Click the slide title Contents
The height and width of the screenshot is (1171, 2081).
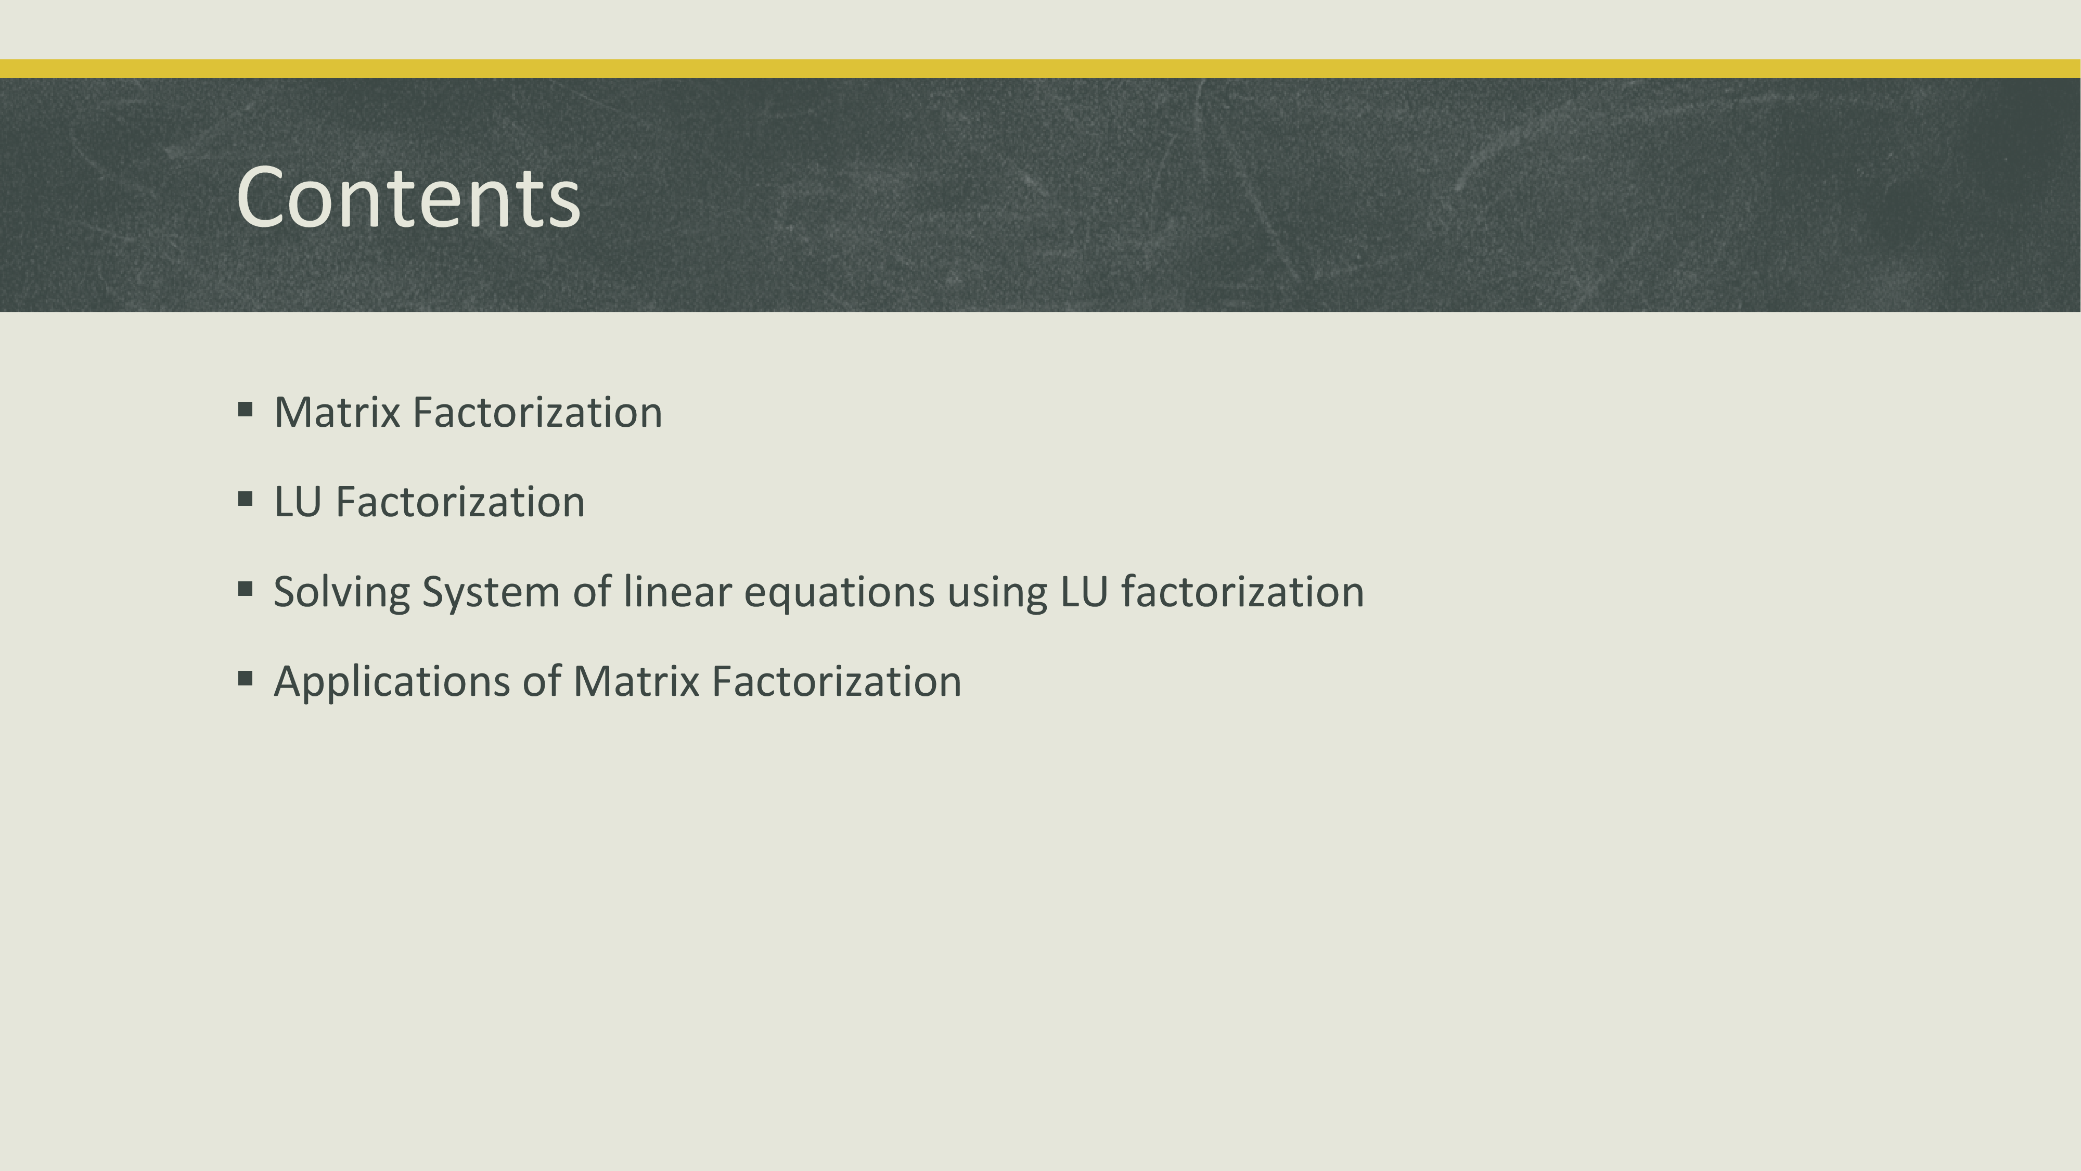409,198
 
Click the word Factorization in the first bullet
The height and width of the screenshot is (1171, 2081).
537,412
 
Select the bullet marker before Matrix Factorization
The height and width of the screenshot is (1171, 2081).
246,410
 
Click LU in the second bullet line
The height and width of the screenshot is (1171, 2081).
298,502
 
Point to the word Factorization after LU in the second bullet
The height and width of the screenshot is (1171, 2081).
460,502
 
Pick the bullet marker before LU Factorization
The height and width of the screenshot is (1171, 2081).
246,500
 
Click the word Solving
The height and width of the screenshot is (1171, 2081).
342,592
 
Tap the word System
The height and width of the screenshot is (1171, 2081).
491,592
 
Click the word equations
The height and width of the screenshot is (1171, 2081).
839,592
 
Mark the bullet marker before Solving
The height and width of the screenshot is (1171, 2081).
246,589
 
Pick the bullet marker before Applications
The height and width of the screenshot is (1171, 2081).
246,679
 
